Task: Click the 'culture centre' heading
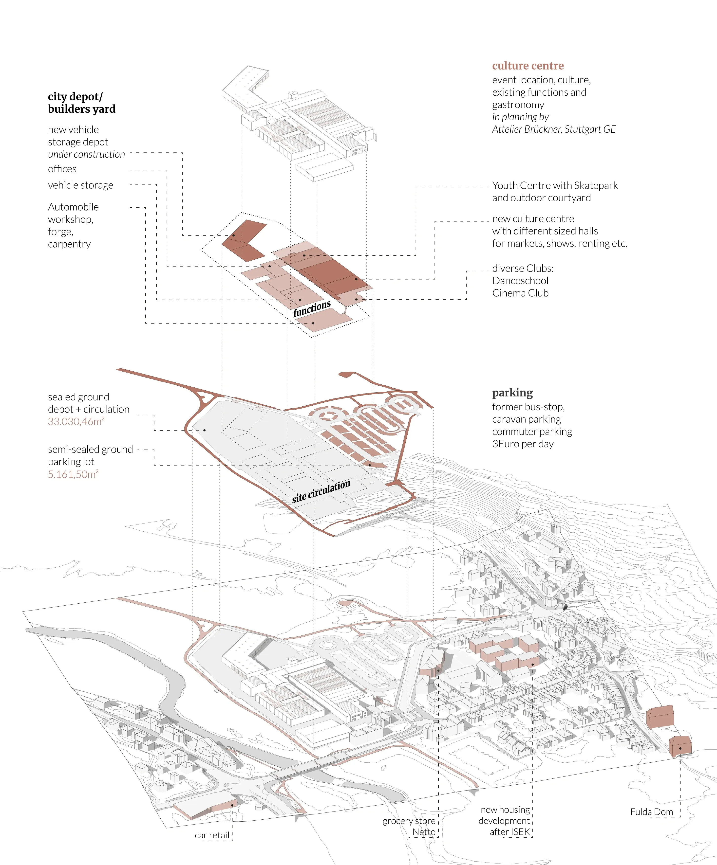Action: (x=528, y=66)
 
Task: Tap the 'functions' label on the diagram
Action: (x=312, y=308)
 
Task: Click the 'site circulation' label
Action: (x=321, y=491)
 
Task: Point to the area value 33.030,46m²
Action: (x=76, y=422)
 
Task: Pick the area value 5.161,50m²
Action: (x=73, y=474)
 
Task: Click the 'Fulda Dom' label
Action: (x=651, y=812)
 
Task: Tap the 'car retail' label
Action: (x=212, y=835)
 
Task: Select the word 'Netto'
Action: (x=424, y=832)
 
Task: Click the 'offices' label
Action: (x=62, y=169)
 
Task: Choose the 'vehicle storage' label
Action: (x=80, y=185)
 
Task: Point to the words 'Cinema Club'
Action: (x=520, y=293)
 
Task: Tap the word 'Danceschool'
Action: (x=520, y=281)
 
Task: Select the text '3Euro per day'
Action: (x=523, y=444)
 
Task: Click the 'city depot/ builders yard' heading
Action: (x=82, y=103)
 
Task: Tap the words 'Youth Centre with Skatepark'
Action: (x=555, y=185)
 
